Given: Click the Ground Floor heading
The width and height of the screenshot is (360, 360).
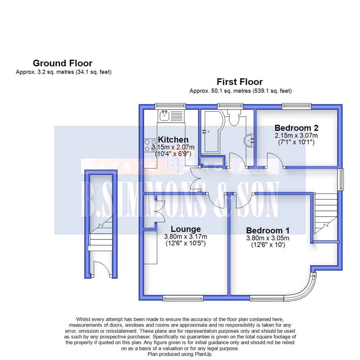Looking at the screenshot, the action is [x=62, y=63].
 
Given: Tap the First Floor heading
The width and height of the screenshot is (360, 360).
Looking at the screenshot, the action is [x=240, y=82].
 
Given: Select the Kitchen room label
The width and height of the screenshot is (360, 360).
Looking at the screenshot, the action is [x=173, y=140].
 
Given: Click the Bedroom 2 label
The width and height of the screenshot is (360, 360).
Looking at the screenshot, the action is [x=296, y=128].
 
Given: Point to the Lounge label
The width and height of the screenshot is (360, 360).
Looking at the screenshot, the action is [x=186, y=229].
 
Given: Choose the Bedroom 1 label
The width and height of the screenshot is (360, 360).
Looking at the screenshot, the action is [x=268, y=231].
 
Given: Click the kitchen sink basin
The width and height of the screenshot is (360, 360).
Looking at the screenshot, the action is [x=164, y=115].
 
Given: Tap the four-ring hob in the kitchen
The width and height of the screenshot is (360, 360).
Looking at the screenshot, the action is [x=150, y=145].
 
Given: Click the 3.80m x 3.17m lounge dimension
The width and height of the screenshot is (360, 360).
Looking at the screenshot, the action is [x=186, y=236].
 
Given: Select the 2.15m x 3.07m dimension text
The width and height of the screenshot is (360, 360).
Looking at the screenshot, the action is [x=296, y=135].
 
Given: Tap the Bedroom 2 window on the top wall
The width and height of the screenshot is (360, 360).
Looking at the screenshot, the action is [x=297, y=106].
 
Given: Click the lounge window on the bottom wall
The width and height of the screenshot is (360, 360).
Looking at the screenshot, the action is [x=183, y=298].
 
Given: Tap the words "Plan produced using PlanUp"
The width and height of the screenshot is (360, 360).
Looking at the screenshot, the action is [x=180, y=354].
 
